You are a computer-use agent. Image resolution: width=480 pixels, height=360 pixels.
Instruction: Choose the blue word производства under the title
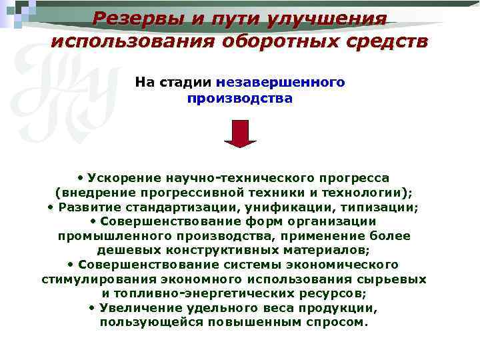pos(240,99)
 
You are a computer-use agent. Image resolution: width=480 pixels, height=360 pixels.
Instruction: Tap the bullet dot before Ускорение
pos(80,178)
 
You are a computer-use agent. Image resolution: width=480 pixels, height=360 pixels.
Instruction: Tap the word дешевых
pos(124,251)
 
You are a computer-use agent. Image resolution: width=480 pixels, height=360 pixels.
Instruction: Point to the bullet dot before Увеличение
pos(91,308)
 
